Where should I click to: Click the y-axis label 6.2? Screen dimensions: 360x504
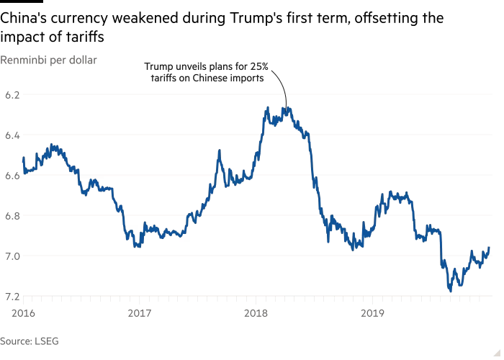12,94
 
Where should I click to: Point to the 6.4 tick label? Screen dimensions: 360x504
12,135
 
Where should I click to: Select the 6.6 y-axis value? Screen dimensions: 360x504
12,175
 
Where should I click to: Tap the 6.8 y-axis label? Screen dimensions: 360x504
12,215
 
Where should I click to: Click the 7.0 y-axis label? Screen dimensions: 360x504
12,256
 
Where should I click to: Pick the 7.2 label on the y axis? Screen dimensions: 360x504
12,296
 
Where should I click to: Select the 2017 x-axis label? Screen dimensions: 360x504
139,312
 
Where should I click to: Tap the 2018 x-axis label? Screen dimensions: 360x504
256,312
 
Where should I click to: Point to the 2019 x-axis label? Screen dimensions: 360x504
372,312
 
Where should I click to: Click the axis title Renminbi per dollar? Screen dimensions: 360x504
48,60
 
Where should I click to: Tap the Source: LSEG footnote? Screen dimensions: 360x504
24,341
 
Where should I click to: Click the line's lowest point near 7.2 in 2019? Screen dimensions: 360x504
450,291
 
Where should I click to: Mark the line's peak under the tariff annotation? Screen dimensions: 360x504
287,108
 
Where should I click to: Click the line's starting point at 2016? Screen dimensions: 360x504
24,157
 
